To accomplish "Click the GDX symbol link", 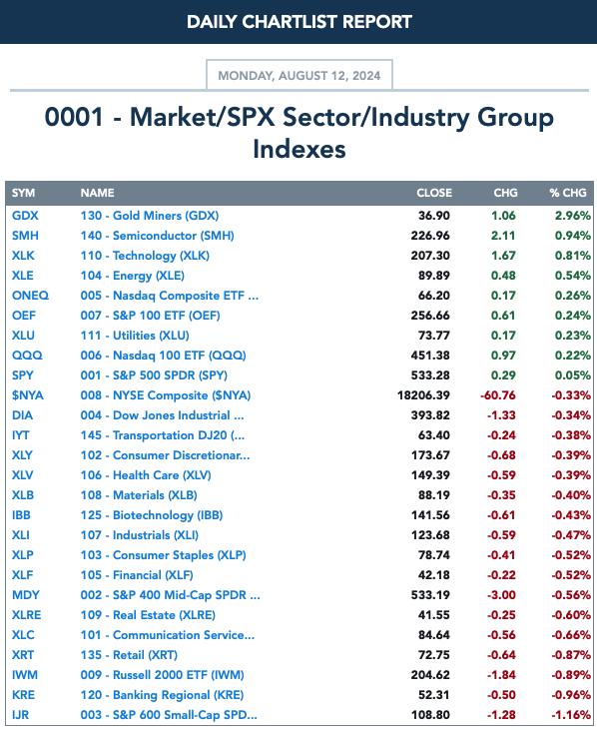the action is click(25, 216).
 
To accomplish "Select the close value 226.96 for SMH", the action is click(430, 236).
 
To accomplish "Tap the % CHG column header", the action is click(568, 193).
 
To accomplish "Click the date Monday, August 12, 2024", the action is click(299, 76).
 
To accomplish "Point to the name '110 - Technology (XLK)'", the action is click(145, 256).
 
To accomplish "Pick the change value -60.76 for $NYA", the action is click(498, 395).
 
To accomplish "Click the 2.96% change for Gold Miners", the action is click(573, 216).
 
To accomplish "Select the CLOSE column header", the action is click(434, 193).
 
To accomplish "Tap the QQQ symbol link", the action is click(27, 356).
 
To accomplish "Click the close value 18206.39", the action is click(423, 395).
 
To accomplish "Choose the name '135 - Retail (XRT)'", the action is click(129, 655).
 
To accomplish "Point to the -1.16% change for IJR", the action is click(571, 715).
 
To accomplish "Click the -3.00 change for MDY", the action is click(501, 595).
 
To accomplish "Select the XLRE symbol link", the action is click(27, 615).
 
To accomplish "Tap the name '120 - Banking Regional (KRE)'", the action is click(162, 695).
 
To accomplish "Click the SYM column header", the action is click(23, 193).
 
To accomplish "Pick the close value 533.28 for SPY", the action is click(430, 375).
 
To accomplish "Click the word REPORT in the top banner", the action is click(377, 22).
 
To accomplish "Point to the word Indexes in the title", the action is click(299, 149).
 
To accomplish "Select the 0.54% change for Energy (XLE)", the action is click(573, 276).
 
